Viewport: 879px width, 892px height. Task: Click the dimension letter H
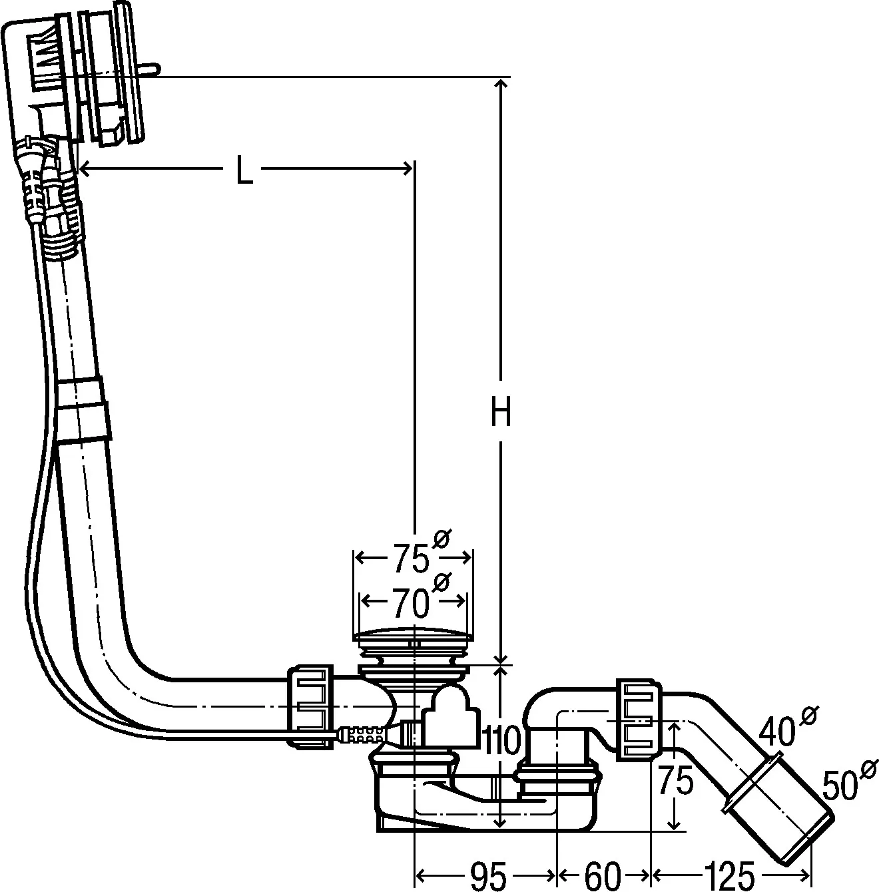point(500,413)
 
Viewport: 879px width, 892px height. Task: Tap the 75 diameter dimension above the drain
point(410,558)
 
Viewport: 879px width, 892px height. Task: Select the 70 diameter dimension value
point(410,603)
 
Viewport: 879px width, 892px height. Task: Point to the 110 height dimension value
point(503,741)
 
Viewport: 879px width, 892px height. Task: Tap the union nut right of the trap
point(640,719)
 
